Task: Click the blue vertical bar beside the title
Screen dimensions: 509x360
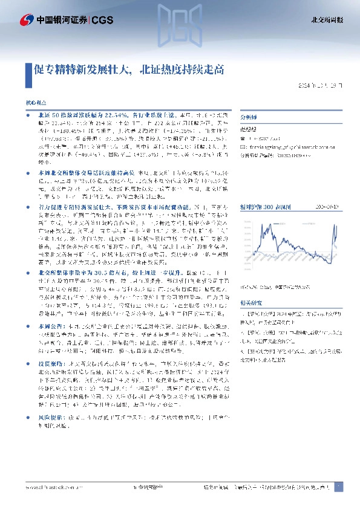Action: (28, 70)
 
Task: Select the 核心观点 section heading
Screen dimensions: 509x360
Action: (35, 104)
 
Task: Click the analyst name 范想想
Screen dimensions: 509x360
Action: (250, 129)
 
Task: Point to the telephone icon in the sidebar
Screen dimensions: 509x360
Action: (243, 138)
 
